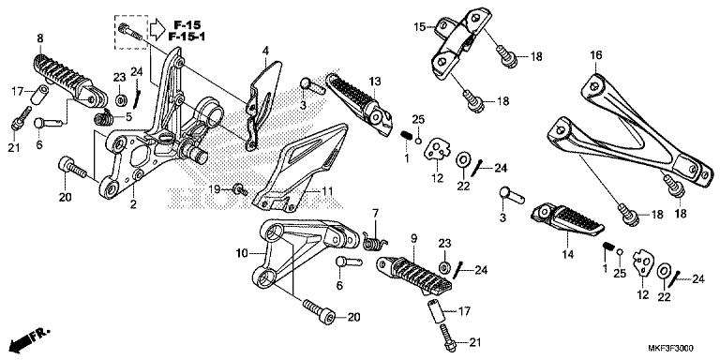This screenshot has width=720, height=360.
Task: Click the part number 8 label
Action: [39, 37]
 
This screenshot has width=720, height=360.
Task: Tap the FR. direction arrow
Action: [27, 336]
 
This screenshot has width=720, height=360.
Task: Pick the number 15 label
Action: [420, 25]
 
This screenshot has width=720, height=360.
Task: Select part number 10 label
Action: [242, 253]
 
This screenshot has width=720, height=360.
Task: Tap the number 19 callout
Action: [215, 187]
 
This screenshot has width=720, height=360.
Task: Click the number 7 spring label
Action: [374, 213]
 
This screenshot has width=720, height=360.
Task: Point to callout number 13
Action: [372, 81]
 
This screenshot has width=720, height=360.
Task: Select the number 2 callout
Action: [133, 203]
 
